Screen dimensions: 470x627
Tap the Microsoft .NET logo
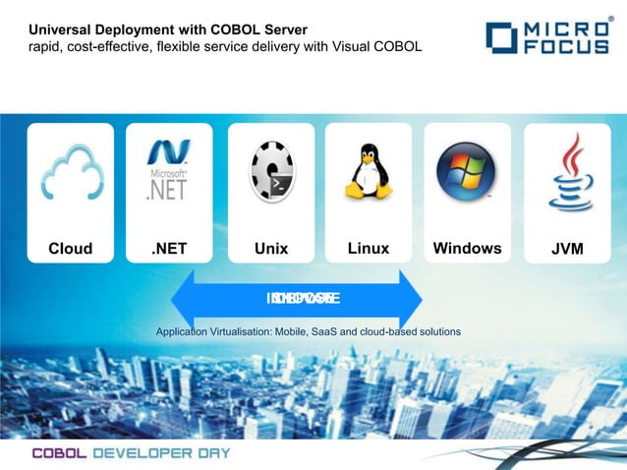pyautogui.click(x=167, y=171)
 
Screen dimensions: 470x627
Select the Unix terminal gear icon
pyautogui.click(x=271, y=172)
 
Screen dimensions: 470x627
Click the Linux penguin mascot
pyautogui.click(x=369, y=172)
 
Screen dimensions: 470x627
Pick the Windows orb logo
pyautogui.click(x=467, y=171)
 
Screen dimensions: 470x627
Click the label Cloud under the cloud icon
pyautogui.click(x=71, y=249)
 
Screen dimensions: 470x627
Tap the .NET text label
pyautogui.click(x=169, y=249)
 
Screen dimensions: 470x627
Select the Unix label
pyautogui.click(x=271, y=249)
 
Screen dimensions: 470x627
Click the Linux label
pyautogui.click(x=369, y=249)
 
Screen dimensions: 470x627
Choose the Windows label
pyautogui.click(x=467, y=249)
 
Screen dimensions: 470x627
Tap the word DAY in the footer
pyautogui.click(x=212, y=453)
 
